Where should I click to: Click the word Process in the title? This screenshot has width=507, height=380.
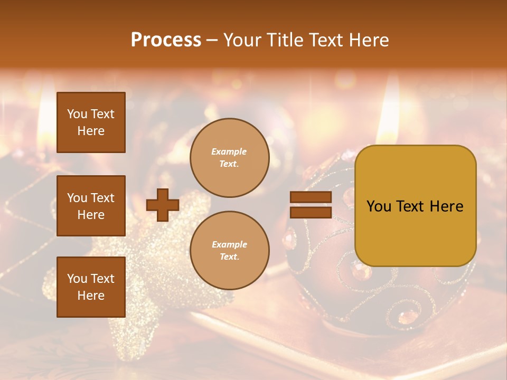point(166,40)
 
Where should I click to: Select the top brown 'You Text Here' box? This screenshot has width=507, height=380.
point(91,122)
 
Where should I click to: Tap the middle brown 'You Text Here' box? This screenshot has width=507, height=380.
point(91,206)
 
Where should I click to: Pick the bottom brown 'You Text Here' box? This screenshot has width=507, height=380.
point(91,287)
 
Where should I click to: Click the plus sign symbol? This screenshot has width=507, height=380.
point(163,205)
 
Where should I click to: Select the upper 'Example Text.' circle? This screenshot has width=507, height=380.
point(229,158)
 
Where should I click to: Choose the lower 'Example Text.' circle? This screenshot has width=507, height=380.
point(229,250)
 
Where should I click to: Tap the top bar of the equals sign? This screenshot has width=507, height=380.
point(311,197)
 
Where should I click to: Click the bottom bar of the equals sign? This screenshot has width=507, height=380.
point(311,212)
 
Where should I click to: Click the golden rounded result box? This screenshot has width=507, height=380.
point(415,206)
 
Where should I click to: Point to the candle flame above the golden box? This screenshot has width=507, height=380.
point(390,113)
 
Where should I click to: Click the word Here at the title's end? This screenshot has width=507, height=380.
point(370,40)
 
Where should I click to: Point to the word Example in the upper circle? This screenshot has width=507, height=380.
point(229,152)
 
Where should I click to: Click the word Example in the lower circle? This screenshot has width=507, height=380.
point(229,244)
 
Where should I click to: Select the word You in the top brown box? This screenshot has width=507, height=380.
point(77,114)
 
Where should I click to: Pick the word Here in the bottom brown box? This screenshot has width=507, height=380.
point(91,296)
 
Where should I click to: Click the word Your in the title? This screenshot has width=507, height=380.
point(242,40)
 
